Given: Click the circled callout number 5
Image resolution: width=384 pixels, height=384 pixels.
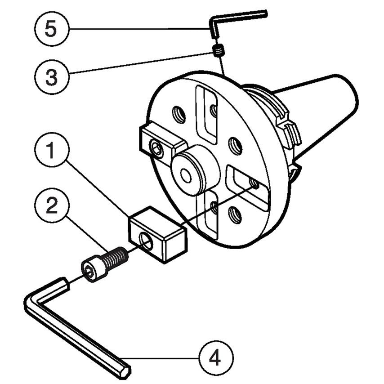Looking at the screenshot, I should click(51, 29).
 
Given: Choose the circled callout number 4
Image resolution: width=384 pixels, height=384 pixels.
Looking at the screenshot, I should click(216, 358).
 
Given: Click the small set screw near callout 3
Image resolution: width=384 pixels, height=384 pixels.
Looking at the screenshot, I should click(218, 51).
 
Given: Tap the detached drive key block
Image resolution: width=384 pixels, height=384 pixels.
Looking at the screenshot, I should click(157, 234).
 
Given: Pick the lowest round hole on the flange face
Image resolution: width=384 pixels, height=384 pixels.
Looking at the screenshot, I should click(235, 215).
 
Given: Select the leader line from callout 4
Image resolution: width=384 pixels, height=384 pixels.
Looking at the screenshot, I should click(162, 358).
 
